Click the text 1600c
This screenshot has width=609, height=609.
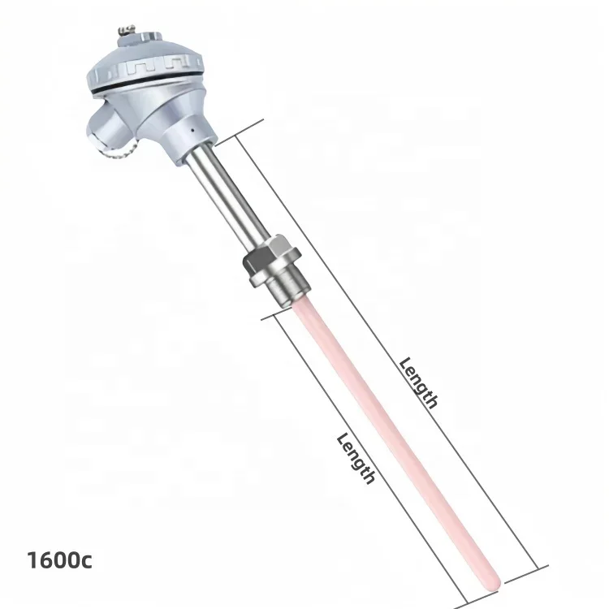point(60,560)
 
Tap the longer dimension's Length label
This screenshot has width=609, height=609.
point(419,382)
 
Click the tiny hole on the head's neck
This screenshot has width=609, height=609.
point(190,130)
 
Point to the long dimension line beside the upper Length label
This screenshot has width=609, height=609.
point(390,341)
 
